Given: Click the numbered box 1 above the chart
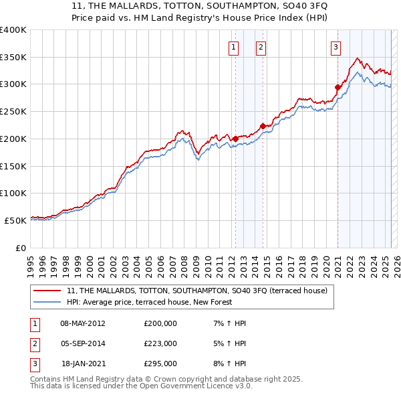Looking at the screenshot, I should coord(234,47).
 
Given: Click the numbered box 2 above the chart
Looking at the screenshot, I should coord(260,47).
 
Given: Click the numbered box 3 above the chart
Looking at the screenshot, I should coord(336,47).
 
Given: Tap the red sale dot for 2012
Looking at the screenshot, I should coord(235,139).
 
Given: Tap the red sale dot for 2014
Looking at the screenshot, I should coord(263,126).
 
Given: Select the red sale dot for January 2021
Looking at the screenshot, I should coord(338,86).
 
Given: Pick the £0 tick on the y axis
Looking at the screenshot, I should coord(21,248).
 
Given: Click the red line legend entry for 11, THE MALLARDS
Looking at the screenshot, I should coord(196,291).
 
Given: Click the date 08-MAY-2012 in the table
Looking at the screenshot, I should coord(83,323).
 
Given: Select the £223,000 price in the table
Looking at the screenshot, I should coord(160,343).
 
